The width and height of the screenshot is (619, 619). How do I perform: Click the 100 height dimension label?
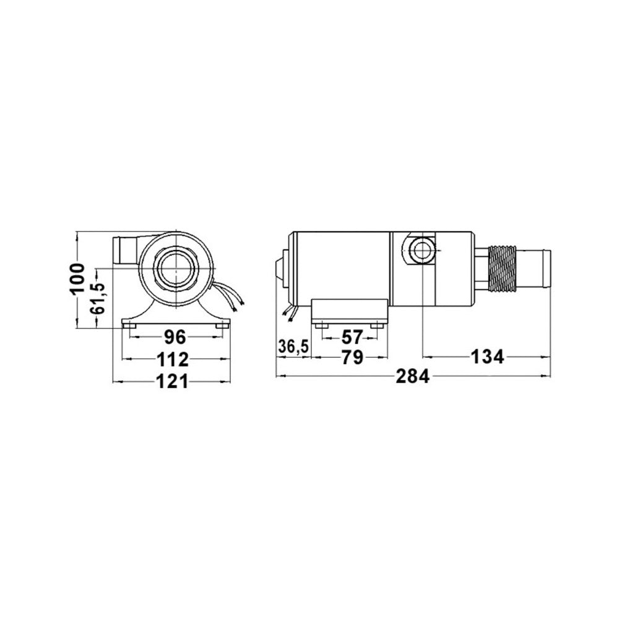pyautogui.click(x=78, y=279)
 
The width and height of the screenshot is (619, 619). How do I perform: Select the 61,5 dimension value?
pyautogui.click(x=98, y=298)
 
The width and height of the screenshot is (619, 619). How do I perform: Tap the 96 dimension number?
pyautogui.click(x=175, y=337)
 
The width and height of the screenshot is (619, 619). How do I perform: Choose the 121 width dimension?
pyautogui.click(x=173, y=382)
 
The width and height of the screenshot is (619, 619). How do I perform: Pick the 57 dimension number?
pyautogui.click(x=352, y=337)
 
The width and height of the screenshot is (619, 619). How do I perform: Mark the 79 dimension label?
pyautogui.click(x=352, y=358)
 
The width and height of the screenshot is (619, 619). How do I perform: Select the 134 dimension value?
pyautogui.click(x=487, y=357)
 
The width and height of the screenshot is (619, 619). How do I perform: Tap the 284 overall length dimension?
pyautogui.click(x=412, y=377)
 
